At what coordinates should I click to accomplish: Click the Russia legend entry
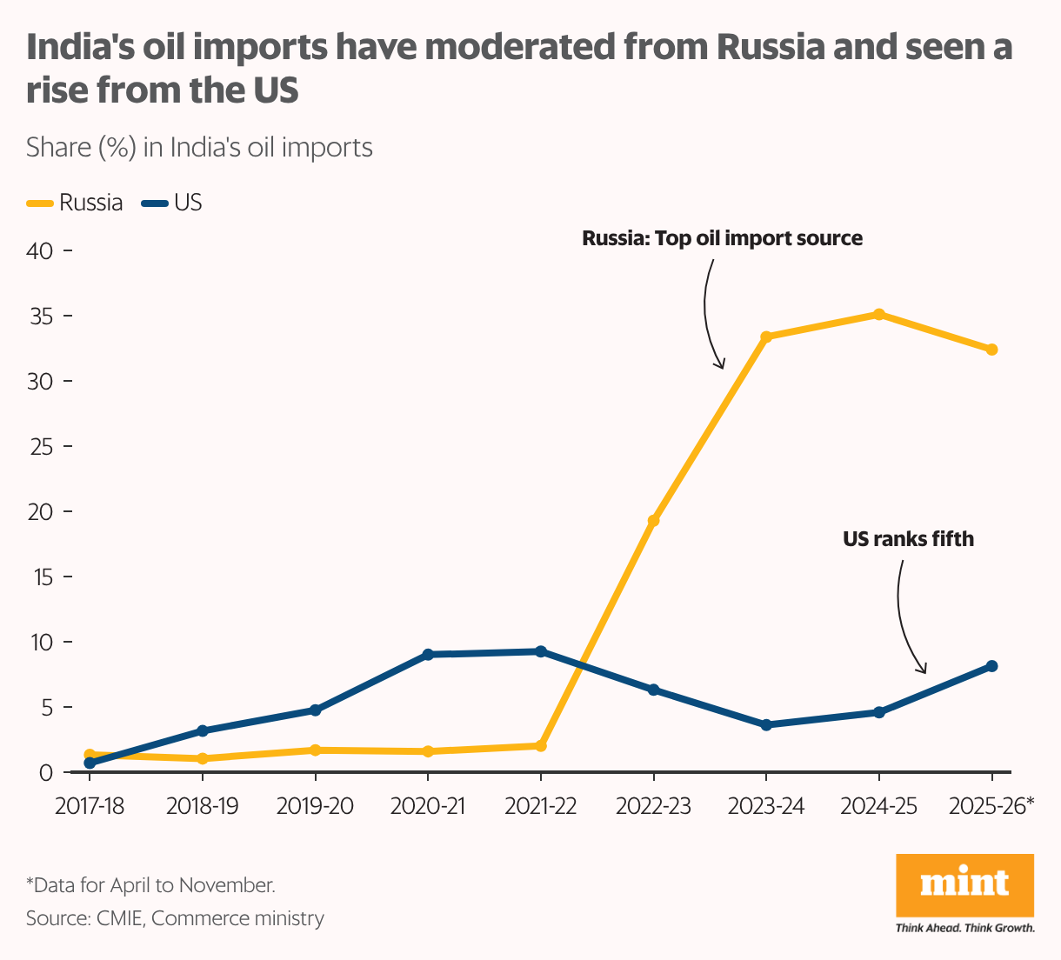point(76,203)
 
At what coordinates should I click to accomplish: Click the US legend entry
point(172,203)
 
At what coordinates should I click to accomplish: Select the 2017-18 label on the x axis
point(89,806)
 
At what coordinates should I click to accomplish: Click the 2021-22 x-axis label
point(540,806)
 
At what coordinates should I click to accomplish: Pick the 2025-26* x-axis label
point(991,806)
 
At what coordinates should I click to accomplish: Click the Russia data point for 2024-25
point(878,314)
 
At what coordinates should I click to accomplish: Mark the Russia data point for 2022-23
point(653,521)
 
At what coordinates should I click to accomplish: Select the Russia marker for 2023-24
point(766,337)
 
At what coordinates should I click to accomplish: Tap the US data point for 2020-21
point(428,654)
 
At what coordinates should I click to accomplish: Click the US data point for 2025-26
point(991,666)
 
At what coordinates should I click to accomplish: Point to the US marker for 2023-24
point(766,724)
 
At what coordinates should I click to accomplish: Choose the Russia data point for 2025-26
point(991,350)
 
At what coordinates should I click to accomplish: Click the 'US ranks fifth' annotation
point(908,539)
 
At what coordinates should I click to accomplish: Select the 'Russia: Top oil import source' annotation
point(722,238)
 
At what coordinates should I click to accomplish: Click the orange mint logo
point(964,884)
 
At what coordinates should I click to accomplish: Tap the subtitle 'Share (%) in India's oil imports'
point(199,148)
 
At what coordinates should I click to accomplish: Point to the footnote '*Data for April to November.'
point(150,885)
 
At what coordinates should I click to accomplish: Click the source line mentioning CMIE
point(175,918)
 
